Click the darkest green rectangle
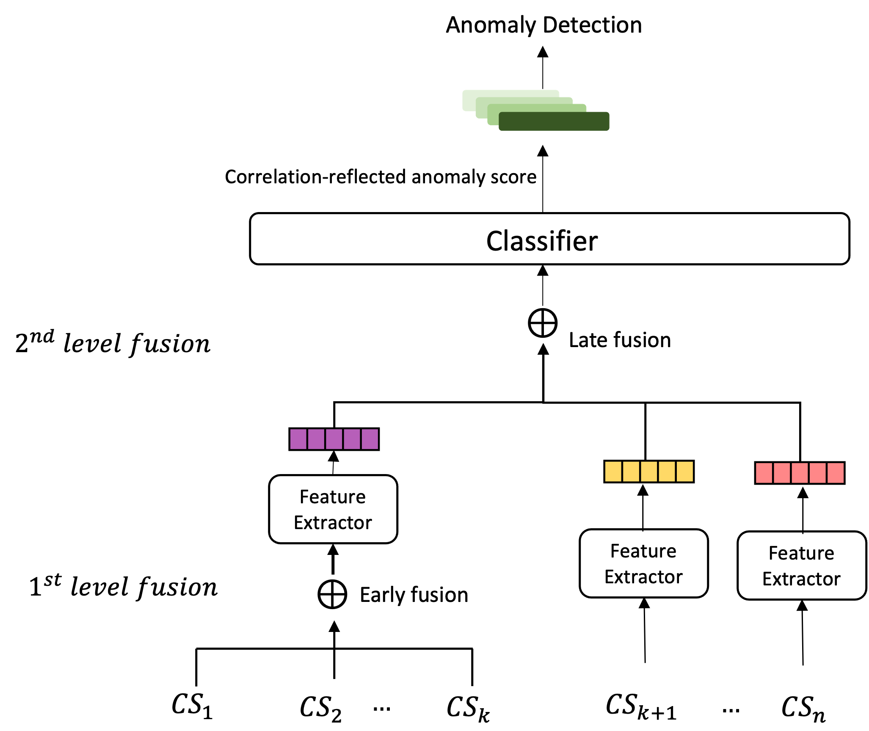pyautogui.click(x=554, y=122)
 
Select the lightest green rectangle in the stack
pyautogui.click(x=508, y=94)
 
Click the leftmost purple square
pyautogui.click(x=298, y=439)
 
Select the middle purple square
pyautogui.click(x=334, y=439)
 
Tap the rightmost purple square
pyautogui.click(x=370, y=439)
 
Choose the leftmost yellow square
pyautogui.click(x=613, y=472)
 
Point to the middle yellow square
pyautogui.click(x=649, y=472)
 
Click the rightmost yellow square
pyautogui.click(x=685, y=472)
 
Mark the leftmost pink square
pyautogui.click(x=764, y=473)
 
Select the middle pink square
pyautogui.click(x=800, y=473)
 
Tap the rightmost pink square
pyautogui.click(x=836, y=473)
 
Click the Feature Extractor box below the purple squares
pyautogui.click(x=333, y=509)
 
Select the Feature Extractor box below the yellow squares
pyautogui.click(x=644, y=563)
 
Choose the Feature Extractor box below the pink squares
pyautogui.click(x=802, y=565)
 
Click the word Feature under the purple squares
pyautogui.click(x=333, y=497)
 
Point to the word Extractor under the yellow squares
pyautogui.click(x=644, y=577)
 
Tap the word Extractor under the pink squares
pyautogui.click(x=802, y=579)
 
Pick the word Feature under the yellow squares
pyautogui.click(x=643, y=551)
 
